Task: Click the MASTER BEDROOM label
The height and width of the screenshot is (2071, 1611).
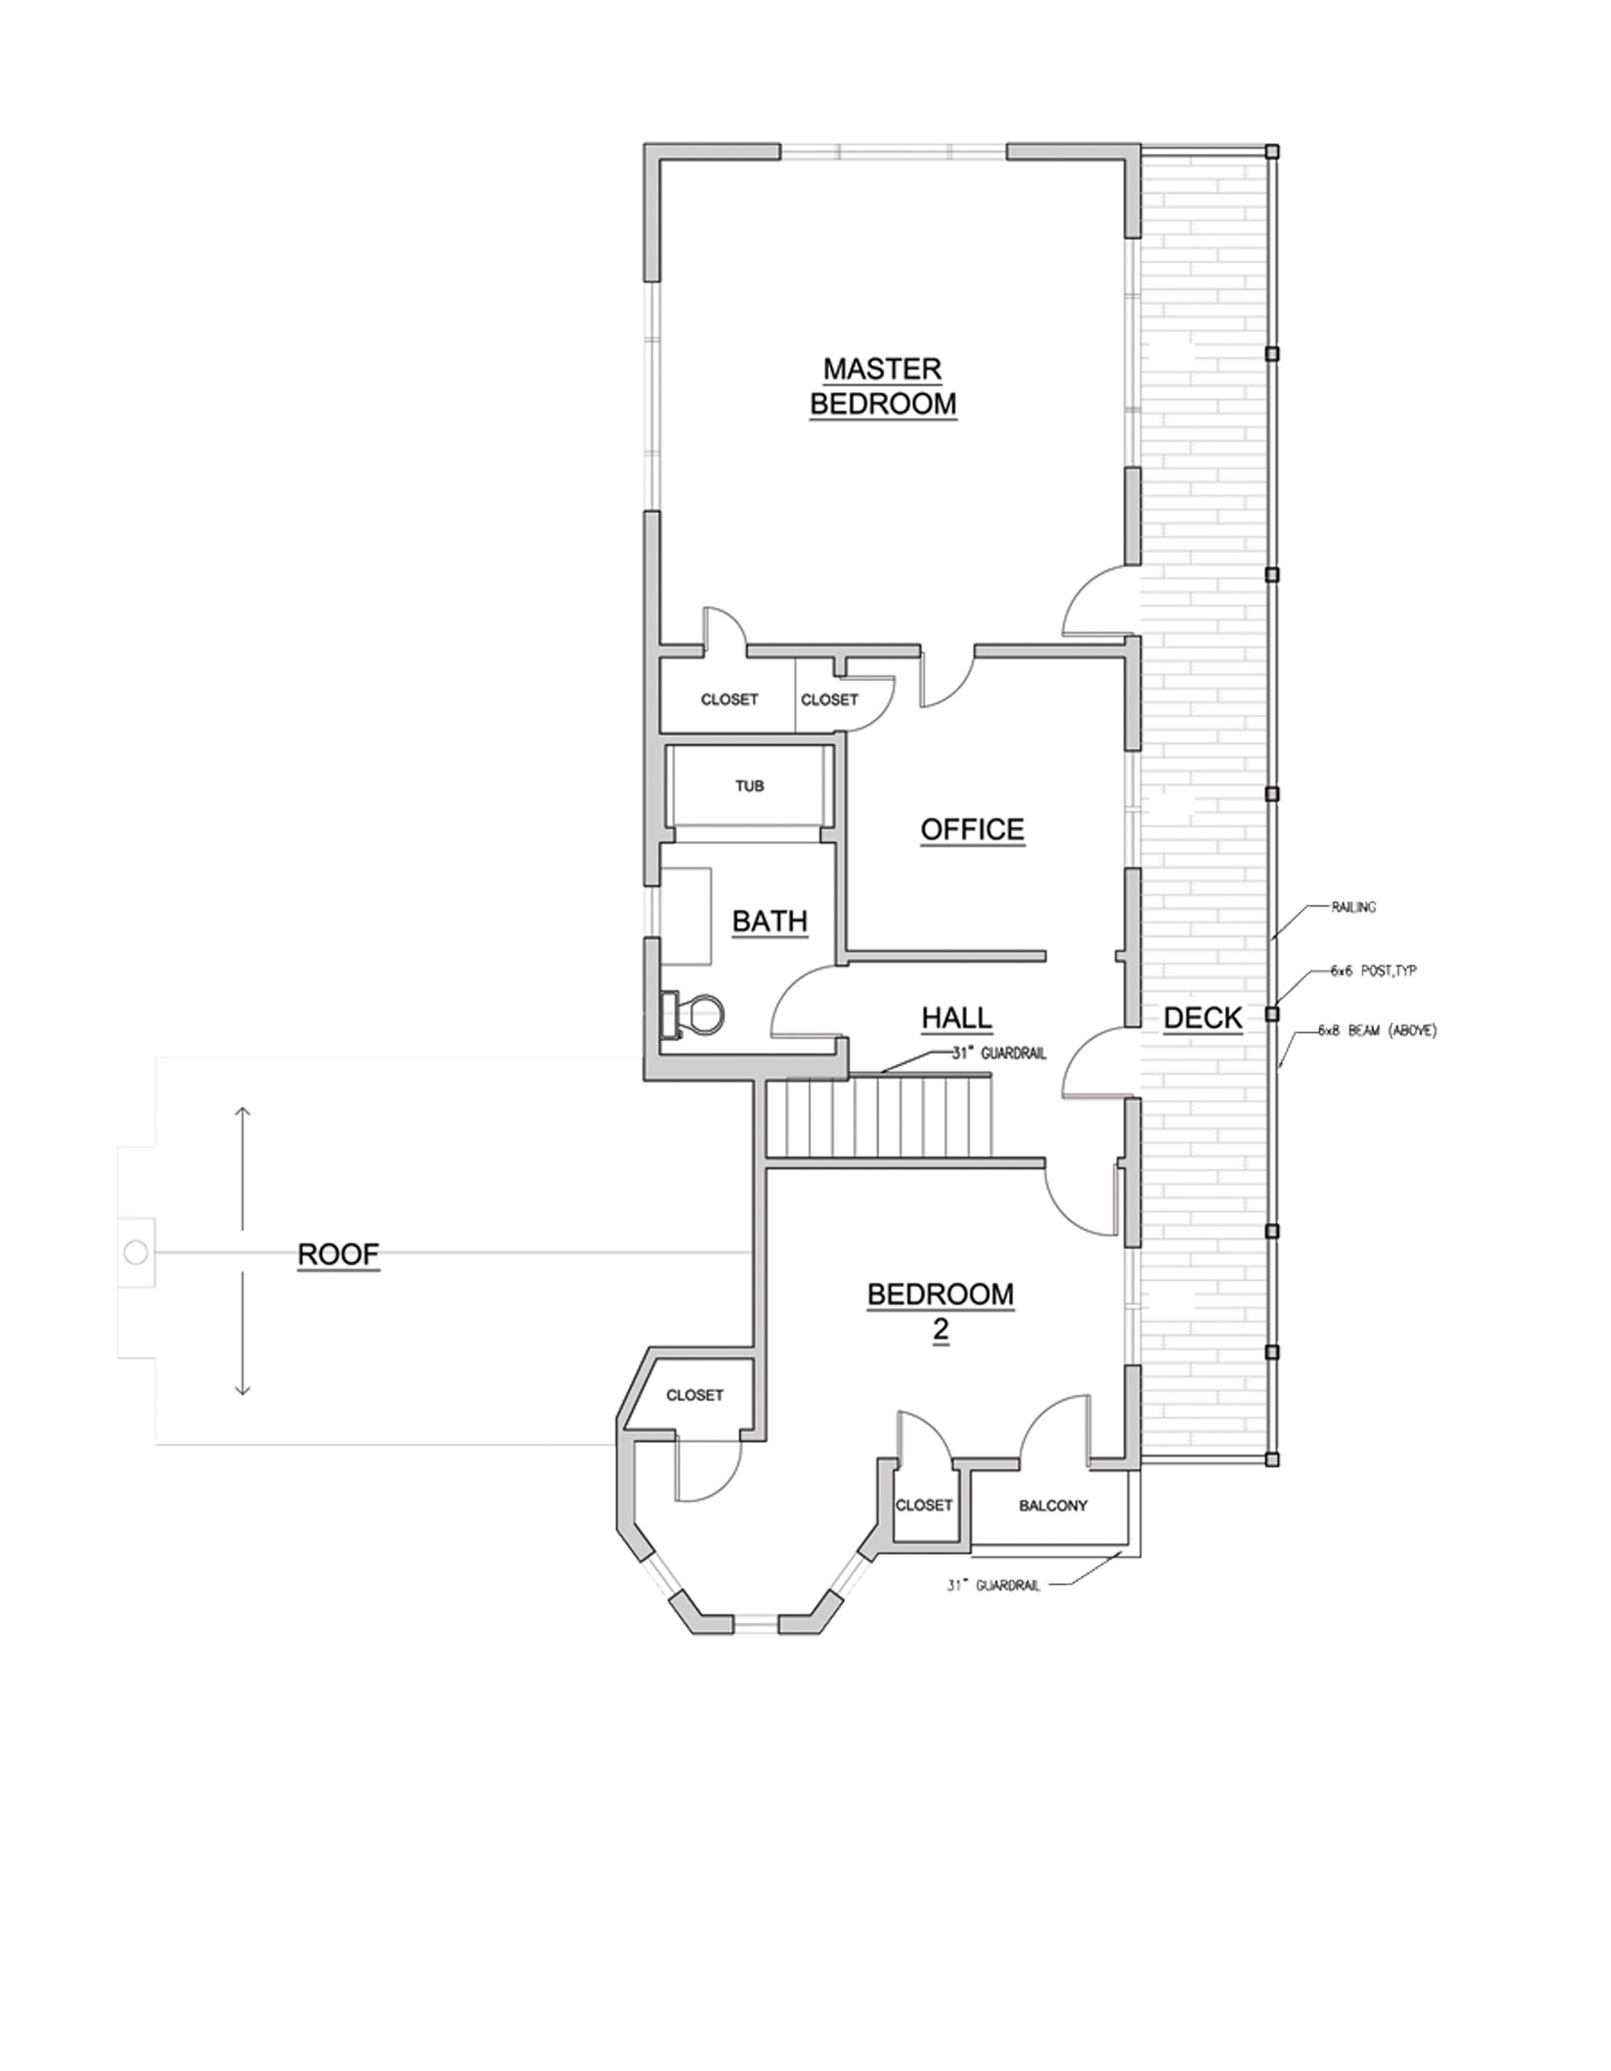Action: pos(882,386)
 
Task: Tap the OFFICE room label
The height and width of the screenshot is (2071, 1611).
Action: pos(972,829)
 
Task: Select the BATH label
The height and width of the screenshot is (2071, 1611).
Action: pos(769,920)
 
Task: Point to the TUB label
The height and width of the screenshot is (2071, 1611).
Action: pos(749,786)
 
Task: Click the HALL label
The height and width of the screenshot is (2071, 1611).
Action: pos(957,1018)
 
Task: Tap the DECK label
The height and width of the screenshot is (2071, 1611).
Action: pos(1202,1018)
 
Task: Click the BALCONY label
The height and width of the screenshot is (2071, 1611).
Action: pos(1053,1505)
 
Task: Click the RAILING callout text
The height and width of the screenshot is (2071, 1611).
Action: pos(1353,908)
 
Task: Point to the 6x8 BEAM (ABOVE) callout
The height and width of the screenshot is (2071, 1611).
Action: pos(1377,1031)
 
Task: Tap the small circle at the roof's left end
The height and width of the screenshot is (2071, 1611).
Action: pos(136,1253)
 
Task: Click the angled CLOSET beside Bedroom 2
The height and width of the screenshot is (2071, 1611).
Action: pos(694,1395)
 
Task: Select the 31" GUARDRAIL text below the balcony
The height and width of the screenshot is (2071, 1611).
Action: pos(993,1585)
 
